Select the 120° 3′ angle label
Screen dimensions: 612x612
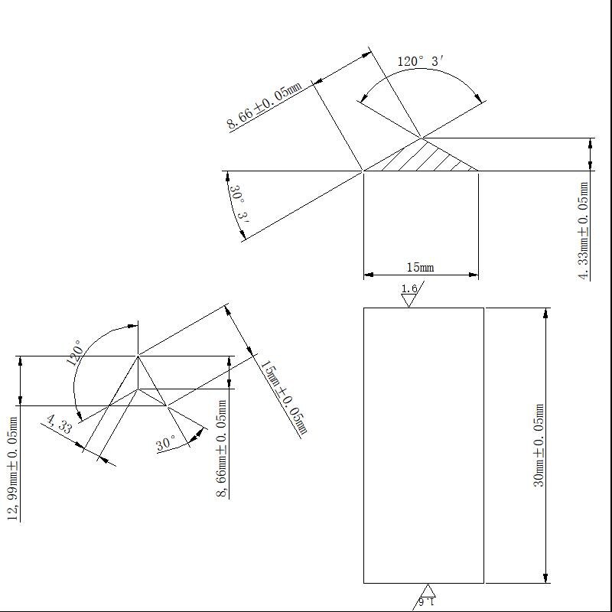click(420, 62)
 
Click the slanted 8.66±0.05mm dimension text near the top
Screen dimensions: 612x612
click(264, 107)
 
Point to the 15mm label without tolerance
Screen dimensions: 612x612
click(419, 267)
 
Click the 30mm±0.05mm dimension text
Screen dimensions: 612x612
click(539, 445)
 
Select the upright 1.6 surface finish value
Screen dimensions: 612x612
click(409, 288)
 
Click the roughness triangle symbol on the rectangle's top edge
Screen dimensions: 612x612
click(409, 301)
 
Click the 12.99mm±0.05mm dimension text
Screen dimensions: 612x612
click(13, 467)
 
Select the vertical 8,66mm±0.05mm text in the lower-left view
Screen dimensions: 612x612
click(221, 449)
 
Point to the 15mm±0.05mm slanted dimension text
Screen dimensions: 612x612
click(283, 398)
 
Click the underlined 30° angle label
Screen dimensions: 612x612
click(167, 444)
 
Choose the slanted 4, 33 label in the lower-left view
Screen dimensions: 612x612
click(59, 423)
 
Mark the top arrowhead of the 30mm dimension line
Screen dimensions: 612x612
click(545, 314)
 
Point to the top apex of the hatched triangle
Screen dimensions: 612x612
click(422, 138)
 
